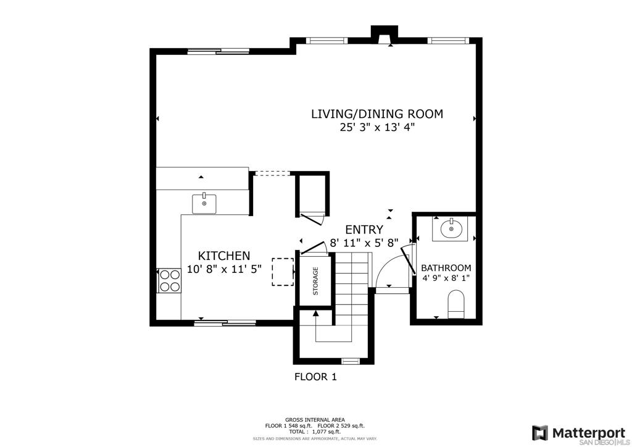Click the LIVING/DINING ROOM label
point(377,114)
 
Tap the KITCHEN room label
point(224,256)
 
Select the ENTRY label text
point(364,229)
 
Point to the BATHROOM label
point(446,267)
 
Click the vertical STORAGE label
point(315,281)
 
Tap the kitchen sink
point(204,204)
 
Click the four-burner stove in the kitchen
point(169,280)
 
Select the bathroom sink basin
point(450,229)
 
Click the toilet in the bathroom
point(456,304)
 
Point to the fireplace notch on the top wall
point(385,35)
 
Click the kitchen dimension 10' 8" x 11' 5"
point(225,269)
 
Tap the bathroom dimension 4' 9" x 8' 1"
point(446,278)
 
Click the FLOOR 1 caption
point(315,377)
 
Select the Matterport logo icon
point(539,433)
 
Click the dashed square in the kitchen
point(283,272)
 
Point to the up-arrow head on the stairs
point(315,313)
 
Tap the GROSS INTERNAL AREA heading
point(315,420)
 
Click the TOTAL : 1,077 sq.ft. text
point(315,432)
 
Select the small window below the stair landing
point(351,361)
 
